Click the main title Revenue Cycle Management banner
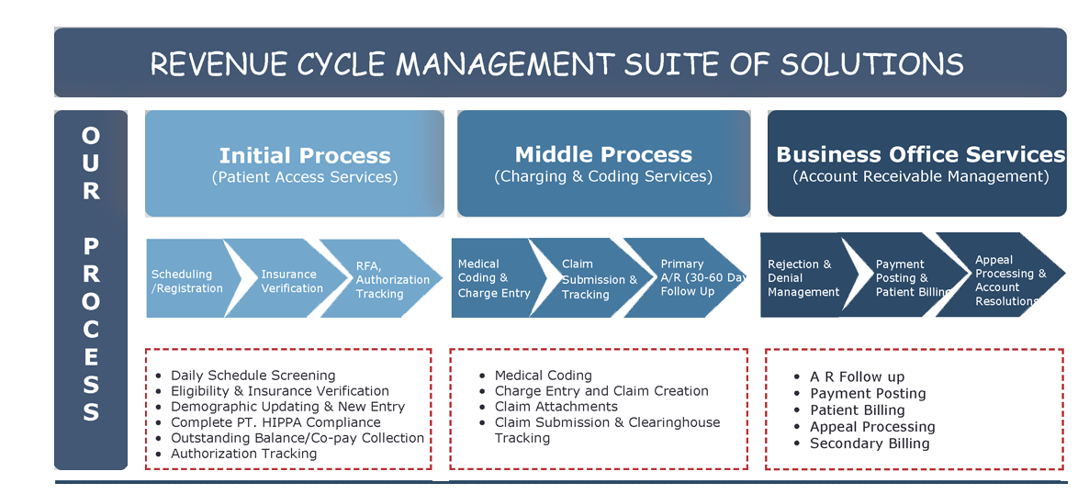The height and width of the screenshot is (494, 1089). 556,63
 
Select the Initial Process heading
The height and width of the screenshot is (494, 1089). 305,156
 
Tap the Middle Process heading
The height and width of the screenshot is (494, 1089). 603,154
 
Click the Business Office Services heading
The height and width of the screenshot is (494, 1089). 920,154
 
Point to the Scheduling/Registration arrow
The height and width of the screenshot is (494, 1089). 186,281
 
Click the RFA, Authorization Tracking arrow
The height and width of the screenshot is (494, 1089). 392,279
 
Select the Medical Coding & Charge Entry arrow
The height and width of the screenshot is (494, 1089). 494,278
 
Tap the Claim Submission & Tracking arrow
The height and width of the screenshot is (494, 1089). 599,279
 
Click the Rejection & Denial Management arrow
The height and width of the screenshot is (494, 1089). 803,278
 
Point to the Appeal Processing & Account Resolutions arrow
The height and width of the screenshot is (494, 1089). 1010,280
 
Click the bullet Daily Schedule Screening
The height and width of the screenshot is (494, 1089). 253,376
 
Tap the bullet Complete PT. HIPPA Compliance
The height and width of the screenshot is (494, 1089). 275,422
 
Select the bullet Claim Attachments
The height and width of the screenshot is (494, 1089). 556,407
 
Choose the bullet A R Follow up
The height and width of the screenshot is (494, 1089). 857,376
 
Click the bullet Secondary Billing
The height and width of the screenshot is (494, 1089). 870,443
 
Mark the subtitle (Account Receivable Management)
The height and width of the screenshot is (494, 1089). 920,176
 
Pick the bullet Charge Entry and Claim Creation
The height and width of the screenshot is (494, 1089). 601,391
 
